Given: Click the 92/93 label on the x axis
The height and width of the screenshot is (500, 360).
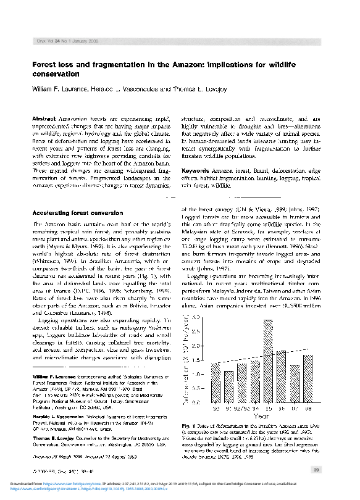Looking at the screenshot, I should tap(241, 407).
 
